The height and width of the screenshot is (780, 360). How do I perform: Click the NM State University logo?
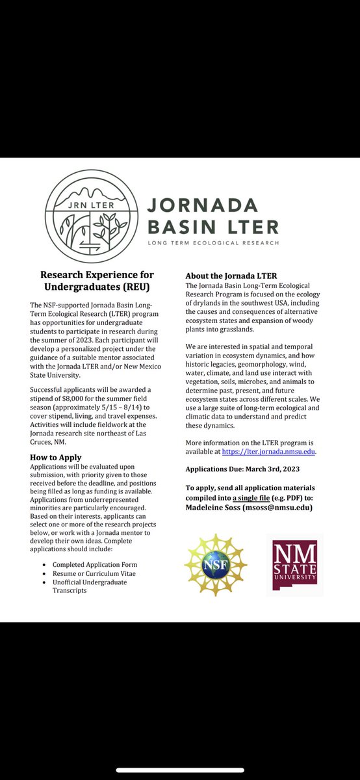294,563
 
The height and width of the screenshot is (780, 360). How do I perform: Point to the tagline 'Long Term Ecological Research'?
213,242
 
